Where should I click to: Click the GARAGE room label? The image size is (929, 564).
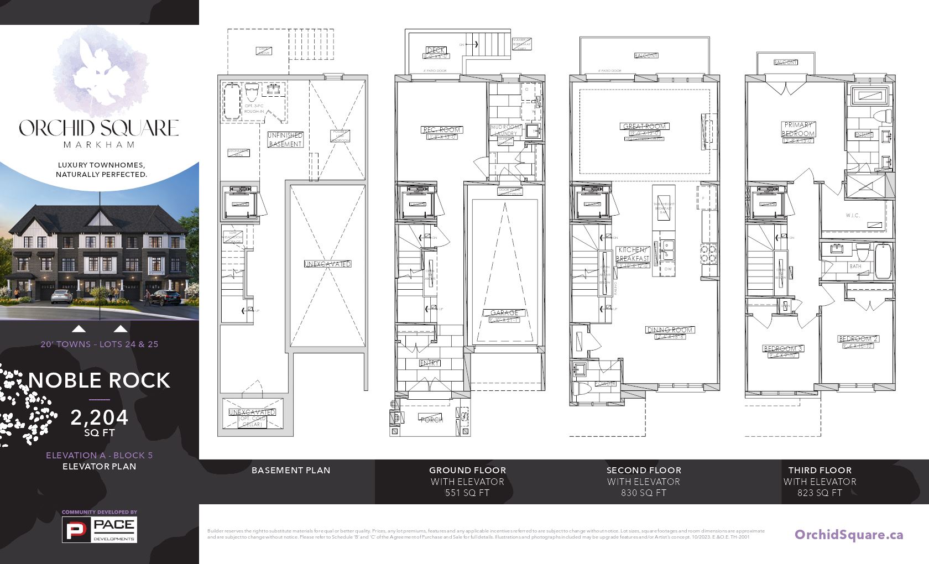(x=504, y=313)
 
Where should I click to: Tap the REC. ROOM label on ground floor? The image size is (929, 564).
(x=442, y=130)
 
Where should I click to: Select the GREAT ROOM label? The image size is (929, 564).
(x=645, y=127)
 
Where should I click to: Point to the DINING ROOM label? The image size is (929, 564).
(x=670, y=330)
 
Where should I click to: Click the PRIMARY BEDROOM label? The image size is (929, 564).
(x=798, y=129)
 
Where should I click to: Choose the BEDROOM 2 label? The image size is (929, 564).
(x=858, y=339)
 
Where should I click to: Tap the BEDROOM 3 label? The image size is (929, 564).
(x=783, y=348)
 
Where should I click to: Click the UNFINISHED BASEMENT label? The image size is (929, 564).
(x=285, y=139)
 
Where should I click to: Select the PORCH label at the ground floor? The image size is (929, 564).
(x=432, y=420)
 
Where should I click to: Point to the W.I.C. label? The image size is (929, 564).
(x=853, y=216)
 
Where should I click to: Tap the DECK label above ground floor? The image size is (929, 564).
(x=436, y=50)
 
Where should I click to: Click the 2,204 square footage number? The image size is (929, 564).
(x=100, y=417)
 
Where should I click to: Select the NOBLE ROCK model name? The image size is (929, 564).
(x=100, y=380)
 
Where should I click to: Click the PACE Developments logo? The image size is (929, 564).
(x=100, y=530)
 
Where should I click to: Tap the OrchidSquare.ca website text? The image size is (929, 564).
(x=849, y=535)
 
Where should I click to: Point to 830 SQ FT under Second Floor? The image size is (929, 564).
(x=644, y=493)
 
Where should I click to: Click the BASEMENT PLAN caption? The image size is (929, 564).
(x=291, y=471)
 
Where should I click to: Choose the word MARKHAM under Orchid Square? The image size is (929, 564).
(x=100, y=145)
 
